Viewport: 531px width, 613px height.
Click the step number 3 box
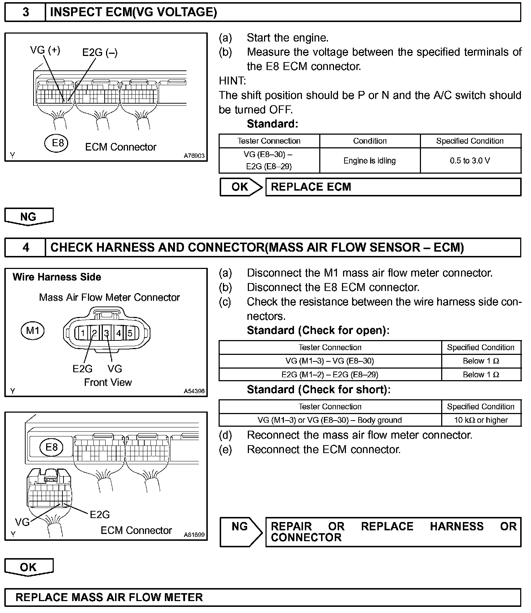[x=25, y=12]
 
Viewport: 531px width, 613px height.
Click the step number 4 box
[x=25, y=247]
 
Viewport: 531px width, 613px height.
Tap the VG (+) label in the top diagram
[x=45, y=50]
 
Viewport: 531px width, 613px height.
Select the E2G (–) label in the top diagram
[x=100, y=53]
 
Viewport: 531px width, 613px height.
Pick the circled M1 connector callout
[x=33, y=330]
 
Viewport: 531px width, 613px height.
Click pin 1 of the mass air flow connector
[x=83, y=332]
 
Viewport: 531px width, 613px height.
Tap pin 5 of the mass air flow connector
[x=130, y=332]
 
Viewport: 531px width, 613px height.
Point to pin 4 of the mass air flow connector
[x=118, y=332]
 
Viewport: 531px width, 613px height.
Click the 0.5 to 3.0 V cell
[x=470, y=161]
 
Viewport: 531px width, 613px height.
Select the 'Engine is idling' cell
[x=369, y=161]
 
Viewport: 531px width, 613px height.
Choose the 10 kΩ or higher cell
[x=481, y=420]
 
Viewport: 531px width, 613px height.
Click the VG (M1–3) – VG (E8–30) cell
[x=330, y=361]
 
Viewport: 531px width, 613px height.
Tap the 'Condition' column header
[x=369, y=141]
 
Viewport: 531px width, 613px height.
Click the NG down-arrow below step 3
[x=28, y=217]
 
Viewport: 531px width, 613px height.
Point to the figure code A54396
[x=194, y=391]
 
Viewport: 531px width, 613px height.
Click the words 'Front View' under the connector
[x=108, y=382]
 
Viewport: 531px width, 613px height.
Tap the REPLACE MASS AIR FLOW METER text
[x=109, y=597]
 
